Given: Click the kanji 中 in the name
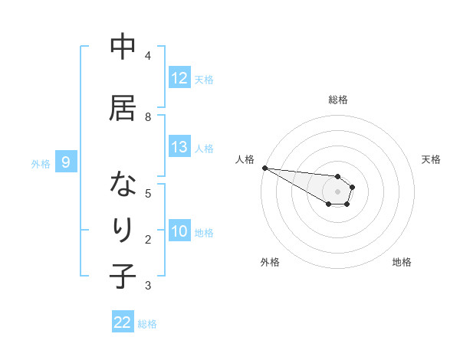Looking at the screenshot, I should coord(123,47).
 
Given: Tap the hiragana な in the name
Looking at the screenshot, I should coord(123,185).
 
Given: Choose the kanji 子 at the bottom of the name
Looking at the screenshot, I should coord(123,276).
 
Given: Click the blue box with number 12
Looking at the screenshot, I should coord(179,78).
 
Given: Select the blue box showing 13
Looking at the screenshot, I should coord(179,147).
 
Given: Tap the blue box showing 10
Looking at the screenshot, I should coord(179,232).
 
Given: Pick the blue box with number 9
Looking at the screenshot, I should coord(66,162).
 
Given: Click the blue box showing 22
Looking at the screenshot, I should coord(123,323).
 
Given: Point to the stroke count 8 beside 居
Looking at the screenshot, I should coord(148,116).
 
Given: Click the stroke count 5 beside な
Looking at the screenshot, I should coord(148,193).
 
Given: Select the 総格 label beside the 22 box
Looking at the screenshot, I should coord(147,324).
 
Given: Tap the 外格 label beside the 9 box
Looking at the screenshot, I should coord(41,163).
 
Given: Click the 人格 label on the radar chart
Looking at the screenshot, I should coord(245,159).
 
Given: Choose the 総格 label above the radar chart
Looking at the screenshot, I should coord(337,100).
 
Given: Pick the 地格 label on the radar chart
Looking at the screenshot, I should coord(402,262).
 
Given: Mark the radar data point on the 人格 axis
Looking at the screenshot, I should coord(264,168).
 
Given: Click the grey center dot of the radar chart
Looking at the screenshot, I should coord(337,191).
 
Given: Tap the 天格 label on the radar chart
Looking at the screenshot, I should coord(431,159).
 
